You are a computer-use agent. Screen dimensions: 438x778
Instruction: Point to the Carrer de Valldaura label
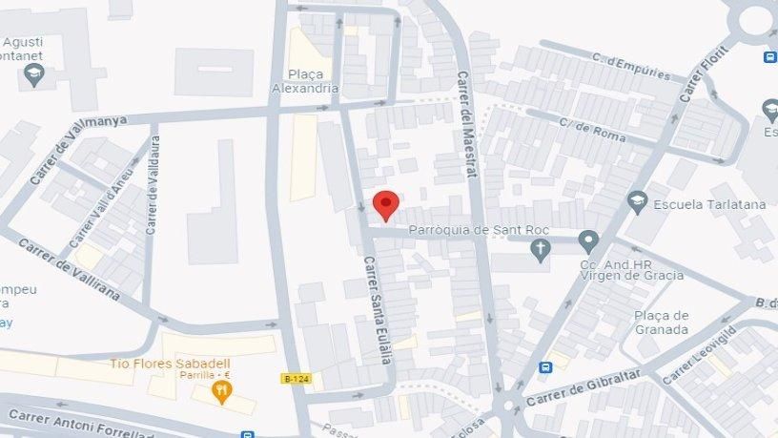click(152, 185)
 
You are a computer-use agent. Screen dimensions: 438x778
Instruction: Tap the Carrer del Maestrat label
click(467, 123)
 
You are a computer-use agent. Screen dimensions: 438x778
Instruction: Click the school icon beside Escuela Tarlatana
click(637, 201)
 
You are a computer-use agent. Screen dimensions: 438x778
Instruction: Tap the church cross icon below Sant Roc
click(541, 250)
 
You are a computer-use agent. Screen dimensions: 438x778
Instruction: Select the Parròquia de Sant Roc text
click(476, 230)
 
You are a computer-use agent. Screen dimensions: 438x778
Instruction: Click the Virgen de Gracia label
click(632, 276)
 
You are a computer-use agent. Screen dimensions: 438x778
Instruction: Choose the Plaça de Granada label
click(661, 323)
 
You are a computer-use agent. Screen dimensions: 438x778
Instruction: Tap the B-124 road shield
click(297, 379)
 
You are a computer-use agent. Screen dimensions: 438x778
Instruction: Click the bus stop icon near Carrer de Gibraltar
click(545, 367)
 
